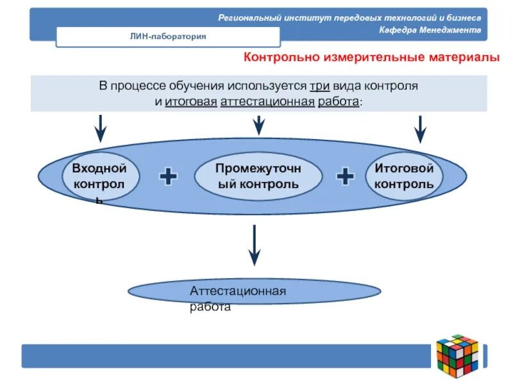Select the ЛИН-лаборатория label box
pos(168,37)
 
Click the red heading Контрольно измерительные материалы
pos(371,58)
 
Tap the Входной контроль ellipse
pos(99,176)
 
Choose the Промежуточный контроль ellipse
pos(257,176)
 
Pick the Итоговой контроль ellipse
pos(404,176)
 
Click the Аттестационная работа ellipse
pos(255,293)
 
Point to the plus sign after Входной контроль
pos(168,176)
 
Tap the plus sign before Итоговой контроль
pos(345,176)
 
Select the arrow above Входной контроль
pos(100,128)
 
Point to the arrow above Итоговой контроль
pos(420,128)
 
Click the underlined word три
pos(320,86)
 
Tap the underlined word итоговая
pos(190,102)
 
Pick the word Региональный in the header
pos(248,17)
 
